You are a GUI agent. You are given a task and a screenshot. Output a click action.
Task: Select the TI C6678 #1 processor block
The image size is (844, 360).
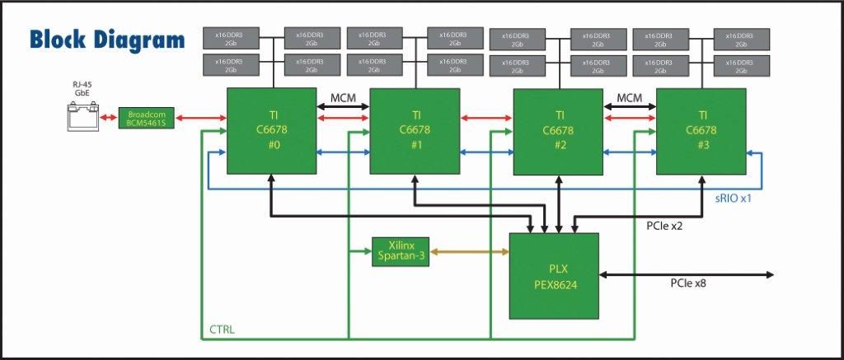[x=415, y=130]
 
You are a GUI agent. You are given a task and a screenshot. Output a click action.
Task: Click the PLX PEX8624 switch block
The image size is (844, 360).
[x=553, y=275]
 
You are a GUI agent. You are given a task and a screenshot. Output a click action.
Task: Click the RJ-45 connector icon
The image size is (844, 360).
[x=82, y=118]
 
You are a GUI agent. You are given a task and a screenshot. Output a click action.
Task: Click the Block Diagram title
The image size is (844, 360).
[x=107, y=40]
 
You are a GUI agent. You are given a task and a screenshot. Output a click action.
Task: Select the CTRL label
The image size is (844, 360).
[x=221, y=330]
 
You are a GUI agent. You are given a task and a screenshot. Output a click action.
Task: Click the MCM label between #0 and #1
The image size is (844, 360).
[x=343, y=98]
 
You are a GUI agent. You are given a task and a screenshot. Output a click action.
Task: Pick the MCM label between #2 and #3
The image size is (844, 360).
[x=629, y=98]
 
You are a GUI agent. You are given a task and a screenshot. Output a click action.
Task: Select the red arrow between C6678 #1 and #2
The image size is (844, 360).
[x=486, y=119]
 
